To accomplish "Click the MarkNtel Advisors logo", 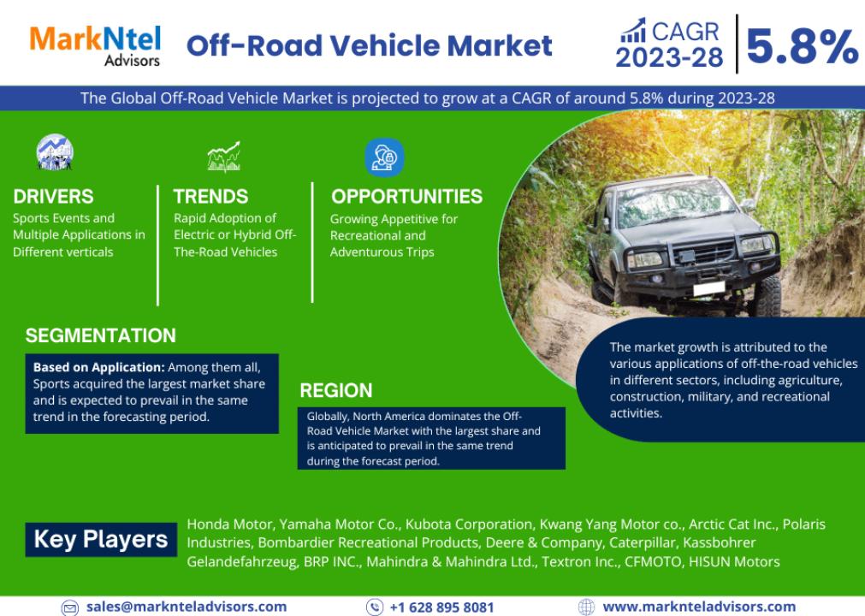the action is pos(95,46).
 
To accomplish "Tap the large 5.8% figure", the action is pos(802,46).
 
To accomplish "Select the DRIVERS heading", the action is pos(54,196).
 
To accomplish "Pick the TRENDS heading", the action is pos(210,196).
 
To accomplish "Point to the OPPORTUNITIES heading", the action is pos(406,196).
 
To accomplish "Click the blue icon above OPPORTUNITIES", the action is pos(384,157).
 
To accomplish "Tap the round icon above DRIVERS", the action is pos(55,152).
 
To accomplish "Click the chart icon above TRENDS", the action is pos(224,157).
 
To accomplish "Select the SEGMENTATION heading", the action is pos(100,335).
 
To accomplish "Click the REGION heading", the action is pos(336,390).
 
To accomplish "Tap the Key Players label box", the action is pos(101,539).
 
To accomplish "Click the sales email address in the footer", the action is pos(187,607).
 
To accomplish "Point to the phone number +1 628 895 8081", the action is pos(441,607).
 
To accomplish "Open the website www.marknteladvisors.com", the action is pos(699,607).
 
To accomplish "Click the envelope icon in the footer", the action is pos(70,607).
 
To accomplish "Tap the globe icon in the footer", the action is pos(586,607).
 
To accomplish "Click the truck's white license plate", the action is pos(709,288).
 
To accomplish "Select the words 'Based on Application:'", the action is pos(98,367).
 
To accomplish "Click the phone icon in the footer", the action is pos(375,607).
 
